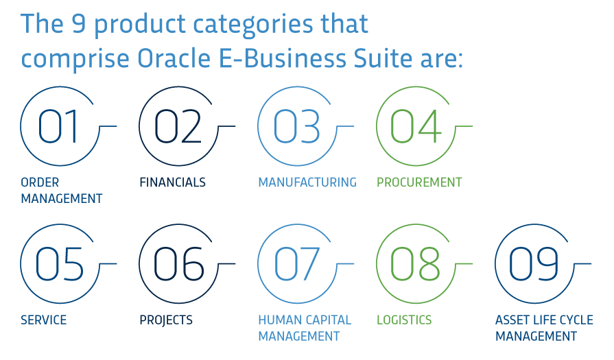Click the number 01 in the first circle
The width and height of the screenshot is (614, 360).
click(57, 126)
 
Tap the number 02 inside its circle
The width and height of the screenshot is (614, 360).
click(178, 126)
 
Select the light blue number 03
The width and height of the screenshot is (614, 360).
click(296, 126)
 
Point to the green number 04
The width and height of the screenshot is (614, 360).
click(416, 126)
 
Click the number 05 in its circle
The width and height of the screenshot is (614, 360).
click(59, 264)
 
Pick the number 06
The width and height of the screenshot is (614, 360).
click(178, 264)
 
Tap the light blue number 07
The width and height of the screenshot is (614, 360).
click(296, 264)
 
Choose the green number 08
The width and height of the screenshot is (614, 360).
click(415, 264)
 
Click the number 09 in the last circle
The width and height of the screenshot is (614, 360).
click(534, 264)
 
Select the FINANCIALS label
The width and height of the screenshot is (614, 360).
click(173, 182)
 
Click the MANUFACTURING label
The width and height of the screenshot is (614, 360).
click(307, 182)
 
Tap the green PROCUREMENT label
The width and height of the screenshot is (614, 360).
click(419, 182)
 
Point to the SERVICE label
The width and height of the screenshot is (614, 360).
click(43, 320)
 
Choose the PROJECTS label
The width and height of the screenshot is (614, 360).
click(166, 320)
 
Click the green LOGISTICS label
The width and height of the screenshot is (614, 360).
click(404, 320)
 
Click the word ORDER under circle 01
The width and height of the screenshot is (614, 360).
click(40, 182)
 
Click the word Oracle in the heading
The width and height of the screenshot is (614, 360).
click(174, 58)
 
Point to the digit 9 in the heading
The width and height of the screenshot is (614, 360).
click(79, 23)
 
